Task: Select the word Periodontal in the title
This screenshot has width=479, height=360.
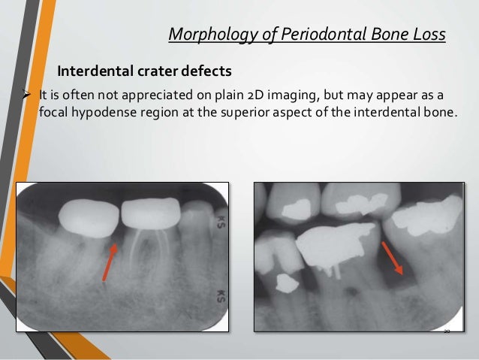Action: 306,35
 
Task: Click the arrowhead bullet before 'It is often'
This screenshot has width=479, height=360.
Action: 26,95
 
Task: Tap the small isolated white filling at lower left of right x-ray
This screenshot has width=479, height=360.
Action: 285,283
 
